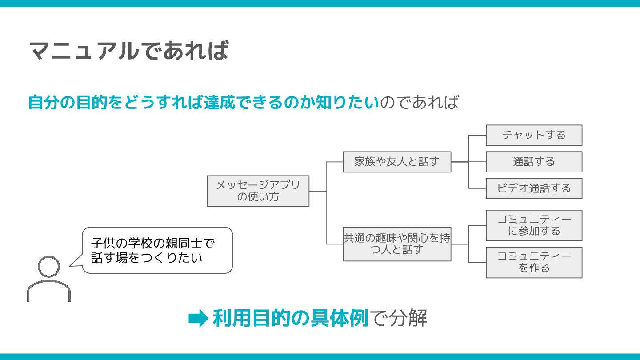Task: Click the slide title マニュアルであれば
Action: [129, 50]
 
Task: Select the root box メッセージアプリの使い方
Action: [258, 191]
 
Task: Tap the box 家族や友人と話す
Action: [397, 162]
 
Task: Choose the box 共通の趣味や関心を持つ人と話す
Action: [397, 244]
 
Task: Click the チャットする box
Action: [534, 135]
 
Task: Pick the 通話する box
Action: [534, 162]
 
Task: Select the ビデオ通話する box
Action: [534, 188]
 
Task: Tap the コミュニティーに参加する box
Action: [534, 225]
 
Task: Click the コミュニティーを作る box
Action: [534, 262]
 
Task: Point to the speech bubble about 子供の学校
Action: [157, 250]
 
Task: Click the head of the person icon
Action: [49, 267]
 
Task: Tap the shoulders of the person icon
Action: [49, 291]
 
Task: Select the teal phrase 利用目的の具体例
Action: [291, 318]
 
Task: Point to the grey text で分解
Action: [398, 318]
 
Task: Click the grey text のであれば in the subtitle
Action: [419, 103]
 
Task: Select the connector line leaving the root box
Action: [317, 191]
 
